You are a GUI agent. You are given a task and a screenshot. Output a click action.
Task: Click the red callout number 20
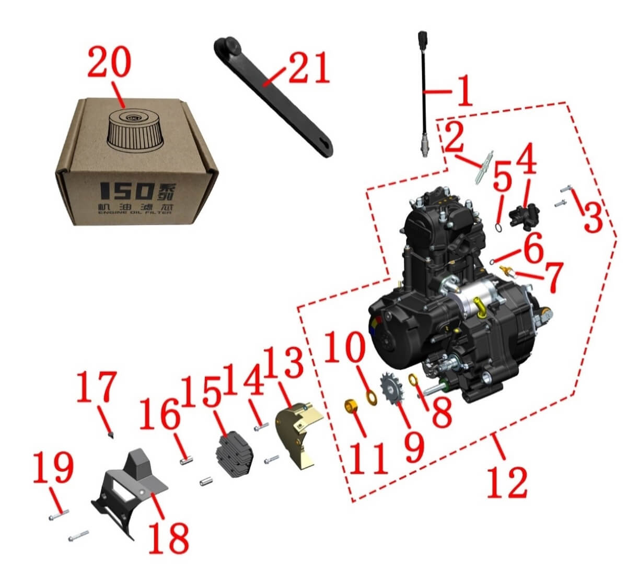point(109,62)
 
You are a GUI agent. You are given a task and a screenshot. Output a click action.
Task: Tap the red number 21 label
point(309,68)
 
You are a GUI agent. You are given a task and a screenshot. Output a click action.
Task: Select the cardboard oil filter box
point(136,161)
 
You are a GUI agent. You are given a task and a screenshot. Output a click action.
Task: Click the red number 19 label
point(54,467)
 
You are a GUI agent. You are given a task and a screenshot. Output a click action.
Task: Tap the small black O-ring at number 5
point(498,228)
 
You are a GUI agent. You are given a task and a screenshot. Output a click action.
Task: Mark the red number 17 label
point(97,387)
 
